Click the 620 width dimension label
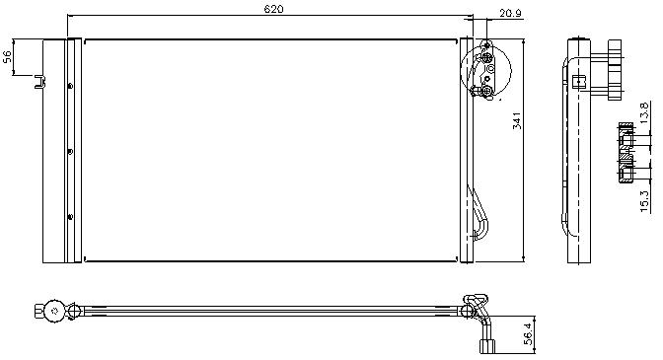[273, 9]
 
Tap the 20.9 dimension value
[510, 13]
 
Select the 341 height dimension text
[517, 121]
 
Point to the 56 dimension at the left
[7, 56]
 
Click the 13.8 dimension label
[644, 112]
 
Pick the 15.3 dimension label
[644, 201]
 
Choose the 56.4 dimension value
[528, 333]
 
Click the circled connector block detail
[485, 71]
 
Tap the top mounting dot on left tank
[70, 86]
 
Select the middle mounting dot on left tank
[70, 151]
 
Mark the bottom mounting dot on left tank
[70, 217]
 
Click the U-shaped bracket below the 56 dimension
[39, 82]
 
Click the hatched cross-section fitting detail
[626, 153]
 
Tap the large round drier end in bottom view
[54, 312]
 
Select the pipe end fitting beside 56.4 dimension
[487, 346]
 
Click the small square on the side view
[578, 82]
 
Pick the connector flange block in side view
[615, 70]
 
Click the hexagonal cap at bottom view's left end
[38, 312]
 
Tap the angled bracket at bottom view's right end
[477, 306]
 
